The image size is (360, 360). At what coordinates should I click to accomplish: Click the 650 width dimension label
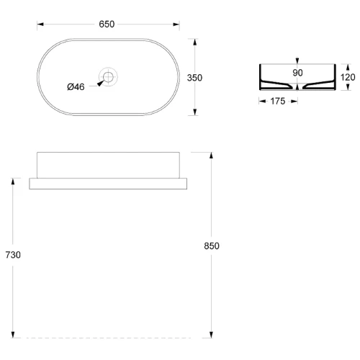(x=107, y=24)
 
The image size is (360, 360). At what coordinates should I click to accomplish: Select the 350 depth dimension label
(x=194, y=78)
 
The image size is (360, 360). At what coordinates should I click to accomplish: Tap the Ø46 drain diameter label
(x=76, y=87)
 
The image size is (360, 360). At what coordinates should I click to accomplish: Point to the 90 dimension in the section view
(x=297, y=73)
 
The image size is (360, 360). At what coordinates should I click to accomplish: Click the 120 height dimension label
(x=348, y=77)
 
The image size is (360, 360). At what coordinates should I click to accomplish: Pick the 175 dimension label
(x=278, y=102)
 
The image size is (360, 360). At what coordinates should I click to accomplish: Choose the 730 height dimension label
(x=13, y=255)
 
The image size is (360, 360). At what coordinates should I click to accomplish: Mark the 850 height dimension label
(x=212, y=246)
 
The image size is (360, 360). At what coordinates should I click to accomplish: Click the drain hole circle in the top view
(x=108, y=77)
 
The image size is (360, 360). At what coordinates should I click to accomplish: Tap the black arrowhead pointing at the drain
(x=101, y=83)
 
